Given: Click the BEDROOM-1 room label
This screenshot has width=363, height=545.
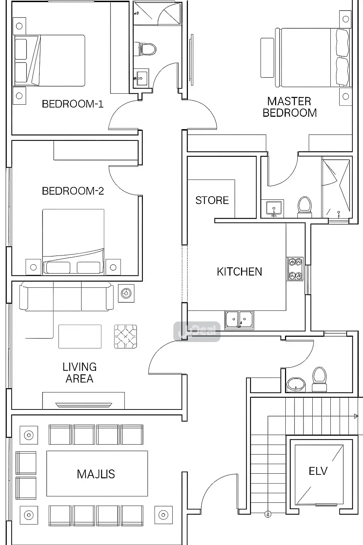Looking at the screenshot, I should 73,104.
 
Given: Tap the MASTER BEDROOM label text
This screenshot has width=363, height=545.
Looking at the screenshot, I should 289,107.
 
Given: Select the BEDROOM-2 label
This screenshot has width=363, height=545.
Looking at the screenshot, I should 73,191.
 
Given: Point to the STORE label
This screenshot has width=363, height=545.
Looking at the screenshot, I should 212,200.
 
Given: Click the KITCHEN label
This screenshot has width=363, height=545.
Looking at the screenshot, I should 239,272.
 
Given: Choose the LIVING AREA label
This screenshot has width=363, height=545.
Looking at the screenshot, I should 79,373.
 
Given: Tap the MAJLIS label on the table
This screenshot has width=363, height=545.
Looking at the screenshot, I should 96,474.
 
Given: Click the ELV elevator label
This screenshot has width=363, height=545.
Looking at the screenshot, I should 318,471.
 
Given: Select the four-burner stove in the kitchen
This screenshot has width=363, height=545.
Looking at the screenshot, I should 295,269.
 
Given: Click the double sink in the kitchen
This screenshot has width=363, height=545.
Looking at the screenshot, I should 239,319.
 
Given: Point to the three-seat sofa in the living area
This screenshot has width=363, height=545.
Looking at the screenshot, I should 66,296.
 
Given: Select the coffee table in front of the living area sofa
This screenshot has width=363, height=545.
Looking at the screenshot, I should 80,336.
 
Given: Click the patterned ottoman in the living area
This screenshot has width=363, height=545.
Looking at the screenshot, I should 125,336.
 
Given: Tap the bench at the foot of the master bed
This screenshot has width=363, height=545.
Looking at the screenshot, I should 267,57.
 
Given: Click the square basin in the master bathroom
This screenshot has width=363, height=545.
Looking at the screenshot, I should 273,208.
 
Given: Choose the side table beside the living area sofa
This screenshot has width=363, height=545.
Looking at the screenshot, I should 126,293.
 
